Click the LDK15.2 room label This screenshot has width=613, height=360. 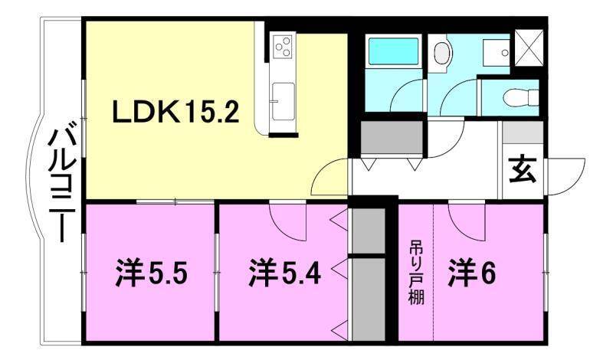click(x=177, y=113)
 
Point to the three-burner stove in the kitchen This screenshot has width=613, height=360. click(x=282, y=45)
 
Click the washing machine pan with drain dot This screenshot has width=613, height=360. click(x=497, y=52)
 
